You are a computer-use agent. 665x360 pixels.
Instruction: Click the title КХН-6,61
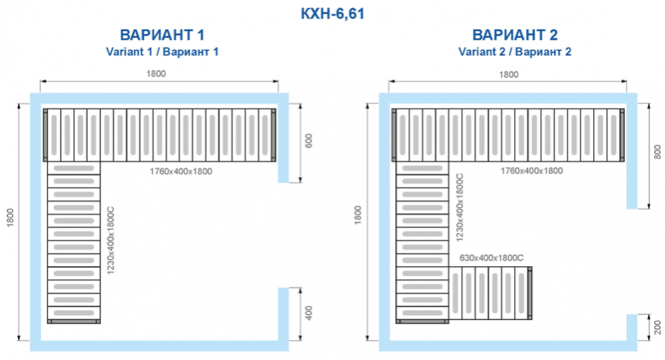(332, 13)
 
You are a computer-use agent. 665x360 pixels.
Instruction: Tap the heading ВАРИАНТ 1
(162, 35)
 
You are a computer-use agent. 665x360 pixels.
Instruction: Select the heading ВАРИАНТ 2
(515, 35)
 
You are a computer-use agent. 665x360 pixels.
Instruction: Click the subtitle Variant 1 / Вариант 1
(162, 52)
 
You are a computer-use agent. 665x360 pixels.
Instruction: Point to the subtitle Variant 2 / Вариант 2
(515, 52)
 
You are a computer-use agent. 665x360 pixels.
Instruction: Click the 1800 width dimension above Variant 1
(156, 74)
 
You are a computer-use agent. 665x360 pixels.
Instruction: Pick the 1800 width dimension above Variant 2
(509, 75)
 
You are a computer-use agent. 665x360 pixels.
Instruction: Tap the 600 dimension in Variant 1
(309, 141)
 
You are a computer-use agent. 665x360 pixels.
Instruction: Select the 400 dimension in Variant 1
(309, 313)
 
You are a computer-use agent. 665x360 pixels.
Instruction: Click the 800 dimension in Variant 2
(658, 152)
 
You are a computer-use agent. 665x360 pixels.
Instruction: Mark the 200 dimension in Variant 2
(658, 327)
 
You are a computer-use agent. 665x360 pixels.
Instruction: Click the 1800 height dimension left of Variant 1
(10, 218)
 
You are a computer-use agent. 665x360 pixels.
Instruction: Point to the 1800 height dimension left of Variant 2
(358, 215)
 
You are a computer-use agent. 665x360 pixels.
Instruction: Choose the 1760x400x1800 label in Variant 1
(181, 172)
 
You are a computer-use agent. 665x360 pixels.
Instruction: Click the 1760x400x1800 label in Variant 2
(532, 170)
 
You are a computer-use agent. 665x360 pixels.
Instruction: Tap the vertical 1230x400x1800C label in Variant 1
(111, 240)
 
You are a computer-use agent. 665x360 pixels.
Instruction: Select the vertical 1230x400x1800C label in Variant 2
(460, 208)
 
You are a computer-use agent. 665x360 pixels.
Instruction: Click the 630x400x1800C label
(491, 258)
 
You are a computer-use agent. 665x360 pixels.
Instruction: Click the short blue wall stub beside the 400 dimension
(283, 314)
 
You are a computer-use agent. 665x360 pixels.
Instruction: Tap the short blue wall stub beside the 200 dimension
(632, 327)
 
